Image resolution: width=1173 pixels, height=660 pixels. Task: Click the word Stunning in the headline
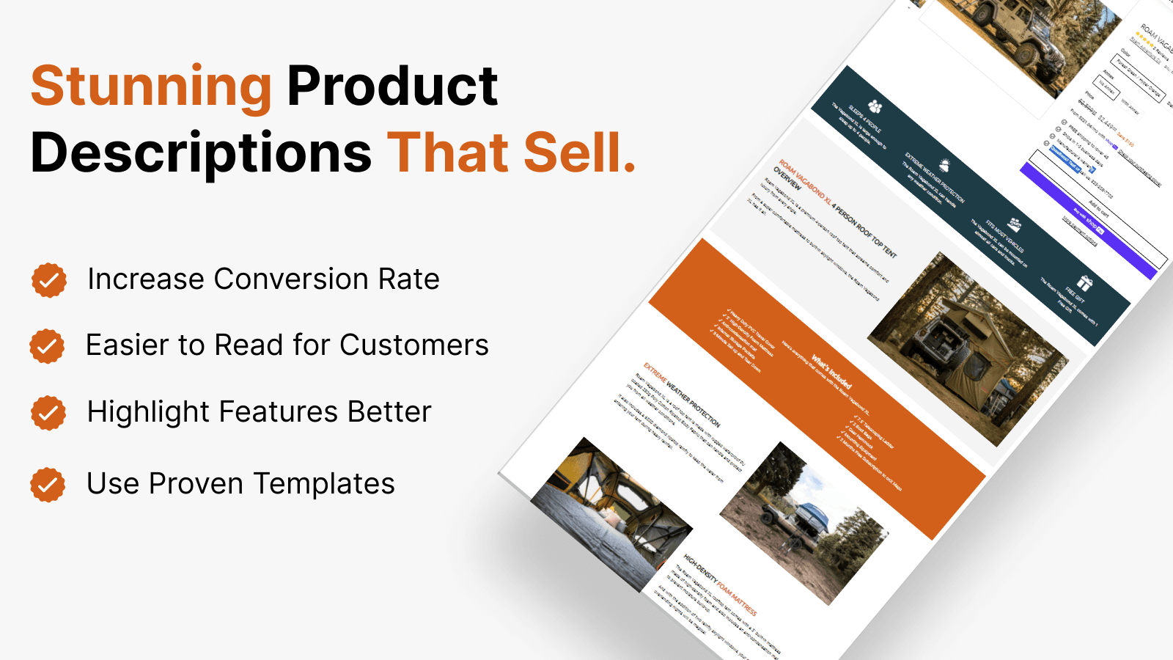click(151, 87)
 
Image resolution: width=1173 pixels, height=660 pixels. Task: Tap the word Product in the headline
click(392, 87)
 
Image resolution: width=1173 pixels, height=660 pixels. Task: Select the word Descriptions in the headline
click(201, 153)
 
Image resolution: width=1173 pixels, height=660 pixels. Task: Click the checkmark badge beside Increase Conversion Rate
click(49, 280)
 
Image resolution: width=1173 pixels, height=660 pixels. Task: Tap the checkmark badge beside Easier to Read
click(47, 346)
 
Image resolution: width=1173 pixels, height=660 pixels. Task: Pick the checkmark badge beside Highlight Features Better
click(48, 413)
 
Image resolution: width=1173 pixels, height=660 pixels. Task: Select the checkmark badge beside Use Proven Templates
click(48, 485)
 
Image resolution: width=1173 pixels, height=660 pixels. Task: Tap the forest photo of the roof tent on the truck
click(968, 348)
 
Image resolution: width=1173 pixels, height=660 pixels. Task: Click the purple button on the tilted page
click(1089, 221)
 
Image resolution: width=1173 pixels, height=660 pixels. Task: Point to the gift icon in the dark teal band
click(1084, 282)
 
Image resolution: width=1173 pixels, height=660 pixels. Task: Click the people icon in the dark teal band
click(875, 107)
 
